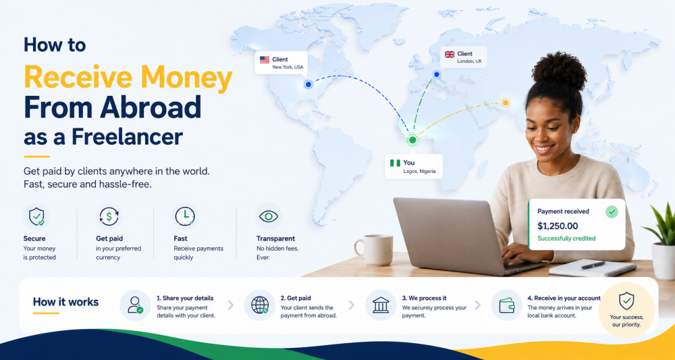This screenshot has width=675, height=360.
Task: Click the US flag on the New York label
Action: [265, 60]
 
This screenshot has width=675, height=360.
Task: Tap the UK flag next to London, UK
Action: [450, 54]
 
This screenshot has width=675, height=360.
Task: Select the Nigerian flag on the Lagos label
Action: [395, 163]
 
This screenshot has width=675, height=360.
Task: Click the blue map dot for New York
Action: [308, 84]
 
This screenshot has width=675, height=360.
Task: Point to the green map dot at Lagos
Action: [412, 140]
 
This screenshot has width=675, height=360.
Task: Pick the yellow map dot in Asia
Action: [506, 103]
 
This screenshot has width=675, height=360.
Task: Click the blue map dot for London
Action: [437, 74]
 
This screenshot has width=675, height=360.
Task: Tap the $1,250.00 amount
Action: [558, 226]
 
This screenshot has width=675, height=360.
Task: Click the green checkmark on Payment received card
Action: [612, 212]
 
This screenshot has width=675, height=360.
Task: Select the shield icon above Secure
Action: [36, 216]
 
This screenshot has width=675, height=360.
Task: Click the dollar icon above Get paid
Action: [109, 217]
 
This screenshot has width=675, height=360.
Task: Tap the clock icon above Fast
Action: [185, 216]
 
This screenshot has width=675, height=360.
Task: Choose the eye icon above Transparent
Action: [268, 216]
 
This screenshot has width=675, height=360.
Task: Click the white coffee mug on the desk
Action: [374, 250]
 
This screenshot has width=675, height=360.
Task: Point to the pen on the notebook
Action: [593, 265]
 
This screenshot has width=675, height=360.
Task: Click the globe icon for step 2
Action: [260, 305]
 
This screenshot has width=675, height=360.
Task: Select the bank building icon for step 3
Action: [381, 305]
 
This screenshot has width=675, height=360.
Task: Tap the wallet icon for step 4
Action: [507, 305]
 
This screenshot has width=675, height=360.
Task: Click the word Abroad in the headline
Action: [151, 107]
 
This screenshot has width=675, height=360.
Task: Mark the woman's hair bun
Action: [559, 71]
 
